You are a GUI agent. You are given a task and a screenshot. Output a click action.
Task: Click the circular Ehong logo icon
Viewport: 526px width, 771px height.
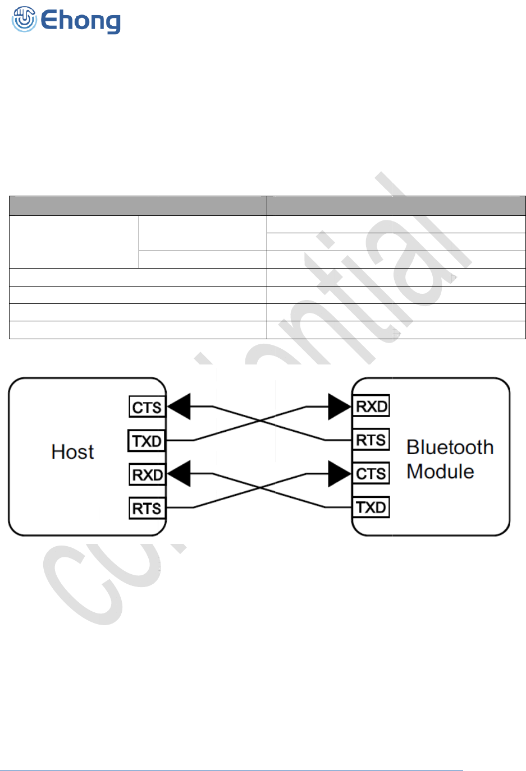(24, 20)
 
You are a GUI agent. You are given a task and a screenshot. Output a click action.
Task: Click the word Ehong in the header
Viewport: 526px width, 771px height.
(81, 21)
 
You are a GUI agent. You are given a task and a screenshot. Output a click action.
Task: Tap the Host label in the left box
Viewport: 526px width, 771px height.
(72, 452)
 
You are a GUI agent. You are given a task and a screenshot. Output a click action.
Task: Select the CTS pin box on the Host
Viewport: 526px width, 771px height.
(147, 407)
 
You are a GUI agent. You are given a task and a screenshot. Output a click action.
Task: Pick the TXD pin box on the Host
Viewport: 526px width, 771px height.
(147, 441)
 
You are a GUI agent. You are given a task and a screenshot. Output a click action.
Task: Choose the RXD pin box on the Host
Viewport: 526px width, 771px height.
(147, 475)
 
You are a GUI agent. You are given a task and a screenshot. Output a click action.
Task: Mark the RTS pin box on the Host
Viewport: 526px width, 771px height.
(147, 509)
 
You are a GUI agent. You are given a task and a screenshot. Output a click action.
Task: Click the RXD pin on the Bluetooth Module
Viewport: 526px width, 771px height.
(371, 407)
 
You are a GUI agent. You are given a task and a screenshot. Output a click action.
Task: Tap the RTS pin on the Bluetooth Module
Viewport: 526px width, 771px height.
(371, 440)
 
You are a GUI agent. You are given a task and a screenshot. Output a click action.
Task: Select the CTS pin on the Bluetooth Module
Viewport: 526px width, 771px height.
(371, 474)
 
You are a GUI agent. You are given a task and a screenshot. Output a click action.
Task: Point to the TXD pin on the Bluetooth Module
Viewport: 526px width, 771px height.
(371, 507)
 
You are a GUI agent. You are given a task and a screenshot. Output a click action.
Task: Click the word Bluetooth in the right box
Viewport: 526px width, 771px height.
(450, 447)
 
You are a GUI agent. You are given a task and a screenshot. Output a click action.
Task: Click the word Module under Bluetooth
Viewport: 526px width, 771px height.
(440, 472)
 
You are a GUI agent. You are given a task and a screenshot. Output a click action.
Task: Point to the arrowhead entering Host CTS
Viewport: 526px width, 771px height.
(179, 407)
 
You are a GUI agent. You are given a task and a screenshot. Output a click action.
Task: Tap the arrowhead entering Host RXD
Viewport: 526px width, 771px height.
(179, 474)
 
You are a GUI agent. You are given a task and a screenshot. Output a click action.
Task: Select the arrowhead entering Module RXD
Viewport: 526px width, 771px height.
(340, 407)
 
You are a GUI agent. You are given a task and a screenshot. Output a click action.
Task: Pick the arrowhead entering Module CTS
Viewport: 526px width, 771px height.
(340, 474)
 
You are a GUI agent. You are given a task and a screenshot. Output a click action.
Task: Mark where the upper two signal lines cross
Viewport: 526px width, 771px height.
(259, 421)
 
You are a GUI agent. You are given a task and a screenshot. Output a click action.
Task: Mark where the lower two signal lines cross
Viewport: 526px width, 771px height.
(259, 488)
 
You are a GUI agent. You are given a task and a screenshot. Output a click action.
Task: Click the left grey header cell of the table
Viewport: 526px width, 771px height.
(138, 206)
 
